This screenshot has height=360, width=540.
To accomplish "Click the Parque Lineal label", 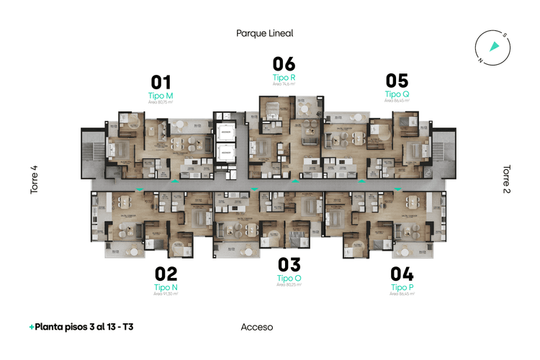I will (x=265, y=33).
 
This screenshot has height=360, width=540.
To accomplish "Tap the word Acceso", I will (x=257, y=327).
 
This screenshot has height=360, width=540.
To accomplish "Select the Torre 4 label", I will (x=34, y=180).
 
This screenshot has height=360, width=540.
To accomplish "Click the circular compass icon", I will (x=493, y=48).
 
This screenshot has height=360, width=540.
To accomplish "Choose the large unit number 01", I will (x=160, y=82).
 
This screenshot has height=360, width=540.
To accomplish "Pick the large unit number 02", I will (x=166, y=274).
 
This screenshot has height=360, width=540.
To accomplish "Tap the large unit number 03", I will (x=289, y=265).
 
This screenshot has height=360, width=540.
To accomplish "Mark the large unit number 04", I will (x=402, y=274).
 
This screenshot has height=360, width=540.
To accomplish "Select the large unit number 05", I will (x=397, y=81).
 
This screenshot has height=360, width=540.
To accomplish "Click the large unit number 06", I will (x=284, y=64).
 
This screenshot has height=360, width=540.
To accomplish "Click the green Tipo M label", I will (x=160, y=96).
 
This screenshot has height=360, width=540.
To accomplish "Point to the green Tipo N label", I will (x=166, y=287).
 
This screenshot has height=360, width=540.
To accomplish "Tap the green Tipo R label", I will (x=284, y=77).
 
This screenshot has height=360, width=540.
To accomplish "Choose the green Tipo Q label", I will (x=397, y=94).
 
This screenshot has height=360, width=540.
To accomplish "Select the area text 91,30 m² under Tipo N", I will (x=166, y=294).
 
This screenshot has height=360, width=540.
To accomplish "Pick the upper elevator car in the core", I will (x=226, y=134).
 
